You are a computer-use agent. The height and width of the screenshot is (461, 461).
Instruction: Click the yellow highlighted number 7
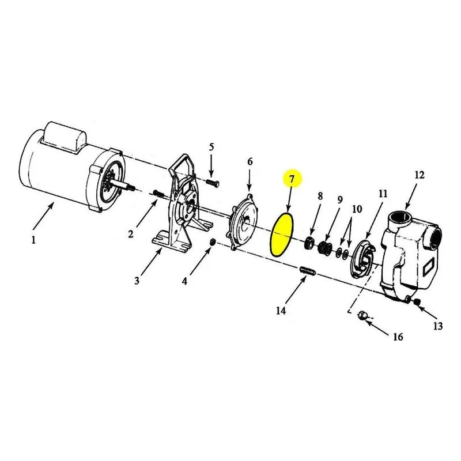[x=292, y=179]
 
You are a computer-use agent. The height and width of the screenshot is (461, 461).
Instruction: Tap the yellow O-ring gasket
[x=281, y=235]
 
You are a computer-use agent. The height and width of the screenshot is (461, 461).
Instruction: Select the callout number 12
[x=420, y=175]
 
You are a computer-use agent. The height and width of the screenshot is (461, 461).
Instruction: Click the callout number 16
[x=398, y=337]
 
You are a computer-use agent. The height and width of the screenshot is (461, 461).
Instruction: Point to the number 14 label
[x=281, y=311]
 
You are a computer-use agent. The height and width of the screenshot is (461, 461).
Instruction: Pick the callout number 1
[x=33, y=240]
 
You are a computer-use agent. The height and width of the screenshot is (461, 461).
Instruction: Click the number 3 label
[x=137, y=281]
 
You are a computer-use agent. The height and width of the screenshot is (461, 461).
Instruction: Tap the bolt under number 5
[x=213, y=183]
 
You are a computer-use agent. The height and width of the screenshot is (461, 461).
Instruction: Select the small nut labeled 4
[x=212, y=242]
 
